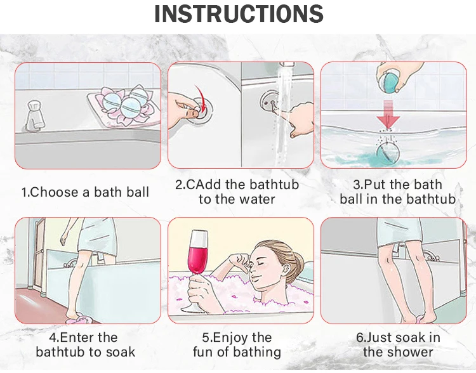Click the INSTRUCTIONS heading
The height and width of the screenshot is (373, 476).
(239, 14)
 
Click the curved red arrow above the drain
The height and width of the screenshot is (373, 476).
(201, 98)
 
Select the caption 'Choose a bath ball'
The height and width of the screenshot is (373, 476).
(89, 192)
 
